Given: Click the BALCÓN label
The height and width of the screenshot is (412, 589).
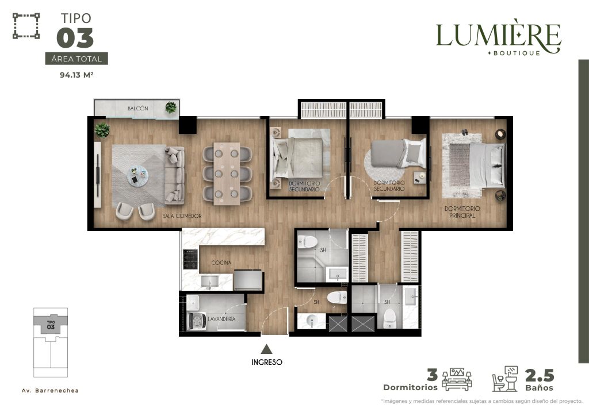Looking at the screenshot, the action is point(138,109).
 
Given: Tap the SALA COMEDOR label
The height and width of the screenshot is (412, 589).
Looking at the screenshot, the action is point(182,216).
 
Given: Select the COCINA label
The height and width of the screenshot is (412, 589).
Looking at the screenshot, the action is point(221,263).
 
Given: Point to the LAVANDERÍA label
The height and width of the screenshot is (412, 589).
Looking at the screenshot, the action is point(221,319).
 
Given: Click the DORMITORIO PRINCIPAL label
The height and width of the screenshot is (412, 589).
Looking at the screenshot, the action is point(462,212).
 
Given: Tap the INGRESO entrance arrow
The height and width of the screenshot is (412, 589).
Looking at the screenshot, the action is point(267,349).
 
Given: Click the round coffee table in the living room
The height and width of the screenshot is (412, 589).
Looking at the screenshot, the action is point(137,176).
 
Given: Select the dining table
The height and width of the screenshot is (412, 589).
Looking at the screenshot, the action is point(227,174).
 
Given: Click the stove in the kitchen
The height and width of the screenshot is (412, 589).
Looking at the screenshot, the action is point(190,259).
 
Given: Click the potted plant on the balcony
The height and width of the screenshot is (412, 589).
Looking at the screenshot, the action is point(171,107).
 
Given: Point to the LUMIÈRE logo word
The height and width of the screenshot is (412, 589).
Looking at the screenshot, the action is point(499,36).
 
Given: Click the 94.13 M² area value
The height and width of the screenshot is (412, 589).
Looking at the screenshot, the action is point(77,75).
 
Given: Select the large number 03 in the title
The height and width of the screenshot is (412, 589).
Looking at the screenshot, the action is point(75,38).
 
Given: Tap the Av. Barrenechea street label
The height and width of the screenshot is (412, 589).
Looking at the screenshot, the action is point(50,391).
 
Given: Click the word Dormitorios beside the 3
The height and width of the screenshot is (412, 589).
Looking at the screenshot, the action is point(410,387).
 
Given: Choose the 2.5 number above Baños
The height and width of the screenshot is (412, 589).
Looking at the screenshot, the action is point(540,375).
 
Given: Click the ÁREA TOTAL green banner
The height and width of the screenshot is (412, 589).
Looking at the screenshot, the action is point(77,59).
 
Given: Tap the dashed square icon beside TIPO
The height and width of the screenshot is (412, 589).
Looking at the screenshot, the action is point(26,26).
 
